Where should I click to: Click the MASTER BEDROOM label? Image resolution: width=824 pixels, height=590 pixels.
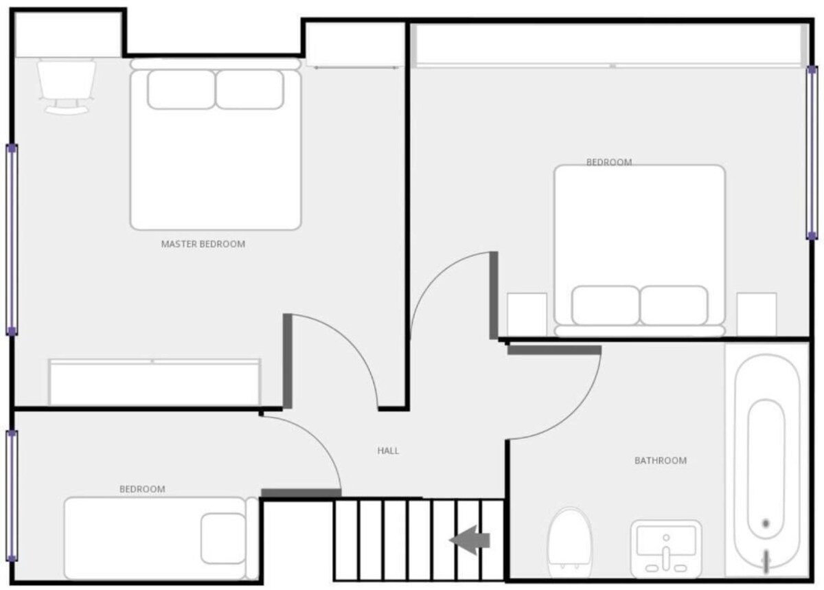[x=203, y=244]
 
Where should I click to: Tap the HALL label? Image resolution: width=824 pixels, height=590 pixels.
[x=388, y=451]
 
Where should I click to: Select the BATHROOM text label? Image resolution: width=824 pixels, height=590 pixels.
[x=661, y=460]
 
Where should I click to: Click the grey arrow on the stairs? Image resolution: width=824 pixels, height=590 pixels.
[x=470, y=540]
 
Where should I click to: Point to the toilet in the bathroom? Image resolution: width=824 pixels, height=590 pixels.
[x=570, y=543]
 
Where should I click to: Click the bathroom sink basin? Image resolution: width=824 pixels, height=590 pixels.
[x=666, y=549]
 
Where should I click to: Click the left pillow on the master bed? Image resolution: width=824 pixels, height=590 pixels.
[x=181, y=89]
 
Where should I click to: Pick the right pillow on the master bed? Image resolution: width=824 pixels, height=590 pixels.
[x=250, y=89]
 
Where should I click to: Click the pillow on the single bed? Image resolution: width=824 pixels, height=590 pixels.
[x=223, y=538]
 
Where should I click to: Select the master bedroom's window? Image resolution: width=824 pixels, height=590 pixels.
[x=12, y=240]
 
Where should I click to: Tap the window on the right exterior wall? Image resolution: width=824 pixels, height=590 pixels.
[x=812, y=152]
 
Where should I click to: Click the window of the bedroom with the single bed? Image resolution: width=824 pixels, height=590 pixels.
[x=12, y=496]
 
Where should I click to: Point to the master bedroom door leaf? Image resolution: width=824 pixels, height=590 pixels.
[x=288, y=361]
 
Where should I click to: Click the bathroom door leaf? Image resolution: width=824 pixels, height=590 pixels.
[x=554, y=350]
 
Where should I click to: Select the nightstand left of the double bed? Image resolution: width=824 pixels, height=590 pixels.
[x=527, y=315]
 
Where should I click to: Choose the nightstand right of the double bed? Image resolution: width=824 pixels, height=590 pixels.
[x=757, y=315]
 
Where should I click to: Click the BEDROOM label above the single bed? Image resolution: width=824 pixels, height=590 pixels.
[x=142, y=489]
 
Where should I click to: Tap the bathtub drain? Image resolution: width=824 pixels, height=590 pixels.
[x=766, y=523]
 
